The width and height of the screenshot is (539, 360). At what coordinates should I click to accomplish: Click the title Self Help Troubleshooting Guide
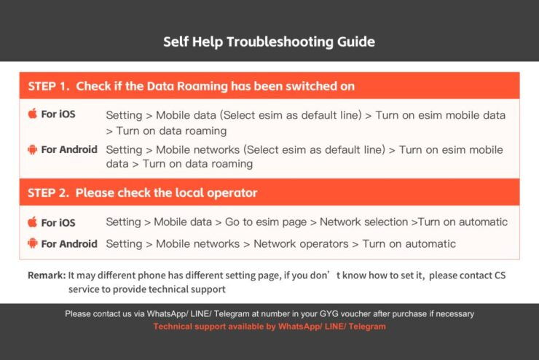tap(269, 42)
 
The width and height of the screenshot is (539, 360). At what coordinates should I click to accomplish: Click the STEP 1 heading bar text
tap(191, 86)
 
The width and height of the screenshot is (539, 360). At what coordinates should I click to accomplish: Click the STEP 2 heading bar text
tap(142, 193)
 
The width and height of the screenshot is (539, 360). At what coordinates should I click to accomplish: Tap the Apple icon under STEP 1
tap(32, 114)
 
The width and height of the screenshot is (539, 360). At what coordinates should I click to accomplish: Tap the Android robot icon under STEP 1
tap(32, 149)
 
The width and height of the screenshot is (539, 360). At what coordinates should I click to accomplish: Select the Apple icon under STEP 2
tap(32, 222)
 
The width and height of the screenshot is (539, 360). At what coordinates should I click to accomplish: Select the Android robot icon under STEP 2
tap(32, 243)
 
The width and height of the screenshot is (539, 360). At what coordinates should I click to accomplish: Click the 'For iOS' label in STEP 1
tap(58, 114)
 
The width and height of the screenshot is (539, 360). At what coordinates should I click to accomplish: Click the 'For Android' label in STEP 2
tap(69, 244)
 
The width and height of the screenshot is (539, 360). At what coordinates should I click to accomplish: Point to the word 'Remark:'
tap(47, 275)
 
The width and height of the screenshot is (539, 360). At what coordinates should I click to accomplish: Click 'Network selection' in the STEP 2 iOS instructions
tap(364, 222)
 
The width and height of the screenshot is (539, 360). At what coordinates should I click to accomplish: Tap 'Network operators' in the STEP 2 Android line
tap(301, 243)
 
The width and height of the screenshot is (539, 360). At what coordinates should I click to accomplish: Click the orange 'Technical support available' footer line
tap(269, 326)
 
